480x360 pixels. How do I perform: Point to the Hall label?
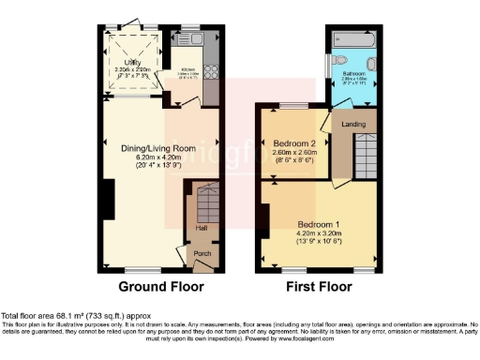click(x=201, y=227)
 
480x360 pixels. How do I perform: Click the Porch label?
click(x=202, y=252)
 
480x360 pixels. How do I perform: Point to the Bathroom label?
click(x=354, y=73)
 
